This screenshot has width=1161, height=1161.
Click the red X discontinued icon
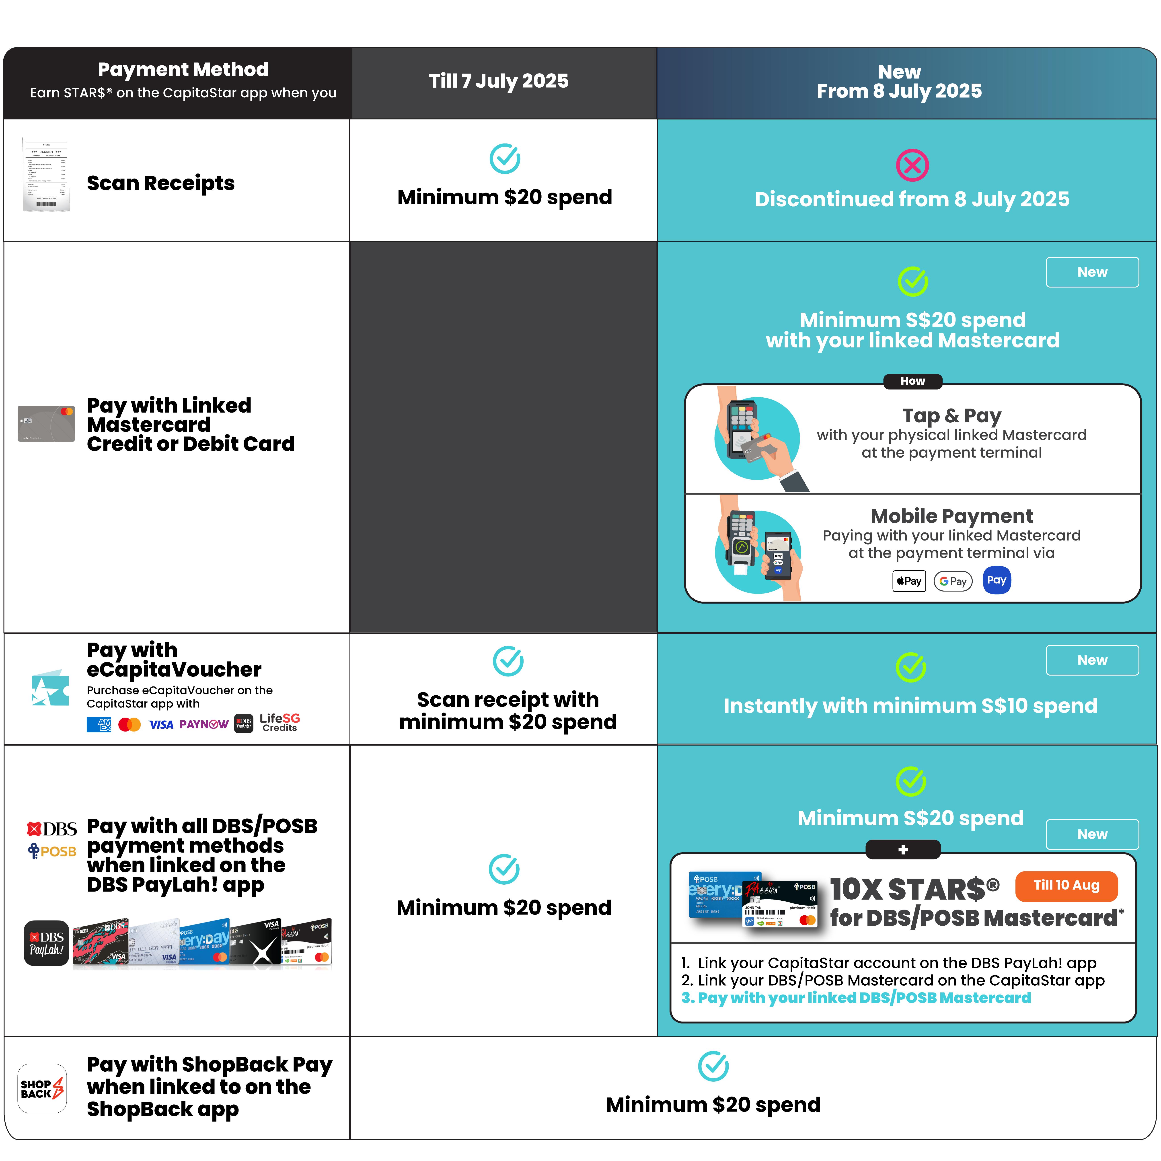pyautogui.click(x=912, y=165)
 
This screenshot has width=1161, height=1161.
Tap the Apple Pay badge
pyautogui.click(x=909, y=581)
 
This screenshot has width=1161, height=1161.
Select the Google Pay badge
pyautogui.click(x=953, y=581)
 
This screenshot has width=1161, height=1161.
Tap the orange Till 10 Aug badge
pyautogui.click(x=1066, y=886)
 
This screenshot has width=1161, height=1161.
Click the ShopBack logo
pyautogui.click(x=42, y=1088)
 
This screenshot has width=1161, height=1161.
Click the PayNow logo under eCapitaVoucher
pyautogui.click(x=204, y=724)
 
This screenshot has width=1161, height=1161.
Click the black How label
pyautogui.click(x=912, y=381)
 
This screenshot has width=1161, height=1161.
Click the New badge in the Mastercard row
pyautogui.click(x=1092, y=272)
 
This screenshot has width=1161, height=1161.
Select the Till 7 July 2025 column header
pyautogui.click(x=499, y=81)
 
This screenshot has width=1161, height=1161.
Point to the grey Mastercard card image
pyautogui.click(x=46, y=424)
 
